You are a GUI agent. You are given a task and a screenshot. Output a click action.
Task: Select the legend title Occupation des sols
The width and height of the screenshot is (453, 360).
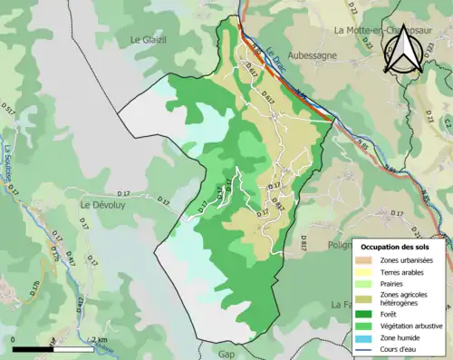click(x=396, y=246)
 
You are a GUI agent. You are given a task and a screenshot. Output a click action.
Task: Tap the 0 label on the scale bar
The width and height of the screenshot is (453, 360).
click(x=14, y=340)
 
